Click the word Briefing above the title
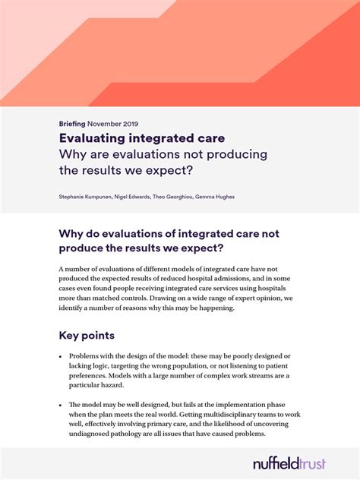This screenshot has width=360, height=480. (x=71, y=124)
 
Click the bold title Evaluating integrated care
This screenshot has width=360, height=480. (x=141, y=138)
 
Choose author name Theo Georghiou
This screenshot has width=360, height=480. (x=171, y=197)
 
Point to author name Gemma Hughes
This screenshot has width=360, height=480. (x=216, y=197)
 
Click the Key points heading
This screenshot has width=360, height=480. (x=87, y=335)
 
